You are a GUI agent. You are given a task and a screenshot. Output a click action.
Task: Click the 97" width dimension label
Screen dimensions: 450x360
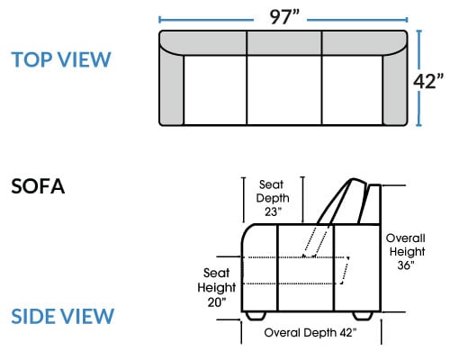284,17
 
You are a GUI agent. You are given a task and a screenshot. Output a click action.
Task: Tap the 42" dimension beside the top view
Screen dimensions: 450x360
428,81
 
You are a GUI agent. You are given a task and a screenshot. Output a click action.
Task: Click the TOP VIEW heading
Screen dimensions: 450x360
61,59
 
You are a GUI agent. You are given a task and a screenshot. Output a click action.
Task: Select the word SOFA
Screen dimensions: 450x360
38,186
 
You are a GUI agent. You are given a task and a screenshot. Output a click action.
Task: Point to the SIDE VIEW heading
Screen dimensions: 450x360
63,316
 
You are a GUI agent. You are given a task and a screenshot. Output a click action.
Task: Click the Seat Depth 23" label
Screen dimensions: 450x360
273,198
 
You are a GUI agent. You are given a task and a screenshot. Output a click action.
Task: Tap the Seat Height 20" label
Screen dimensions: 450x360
217,288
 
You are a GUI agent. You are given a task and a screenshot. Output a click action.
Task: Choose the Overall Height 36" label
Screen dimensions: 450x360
406,251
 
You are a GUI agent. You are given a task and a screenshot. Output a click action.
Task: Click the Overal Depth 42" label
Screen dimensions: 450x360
310,333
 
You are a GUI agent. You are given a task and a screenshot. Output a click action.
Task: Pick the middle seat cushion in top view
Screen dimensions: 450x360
284,90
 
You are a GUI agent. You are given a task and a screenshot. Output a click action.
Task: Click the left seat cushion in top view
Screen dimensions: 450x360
215,90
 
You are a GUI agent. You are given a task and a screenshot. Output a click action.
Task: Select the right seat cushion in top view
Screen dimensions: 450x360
352,90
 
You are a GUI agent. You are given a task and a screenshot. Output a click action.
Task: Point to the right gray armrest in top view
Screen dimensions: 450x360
395,88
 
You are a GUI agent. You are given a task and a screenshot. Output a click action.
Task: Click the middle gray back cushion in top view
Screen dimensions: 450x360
284,43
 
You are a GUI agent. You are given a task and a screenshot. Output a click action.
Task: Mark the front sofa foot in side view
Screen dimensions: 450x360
256,316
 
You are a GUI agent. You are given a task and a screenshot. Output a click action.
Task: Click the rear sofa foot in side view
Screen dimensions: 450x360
363,316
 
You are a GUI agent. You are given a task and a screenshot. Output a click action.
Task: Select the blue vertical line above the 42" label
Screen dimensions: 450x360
419,50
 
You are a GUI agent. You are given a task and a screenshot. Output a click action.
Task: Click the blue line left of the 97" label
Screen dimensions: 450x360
206,20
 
